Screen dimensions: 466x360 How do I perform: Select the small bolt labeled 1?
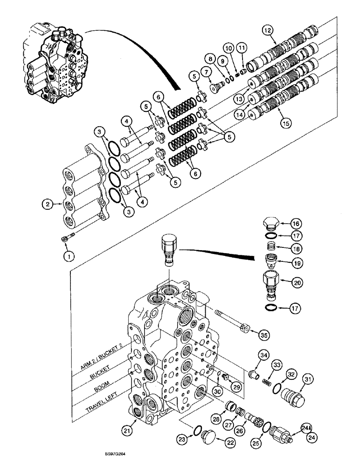coord(66,240)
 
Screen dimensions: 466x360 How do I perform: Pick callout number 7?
coord(205,71)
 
